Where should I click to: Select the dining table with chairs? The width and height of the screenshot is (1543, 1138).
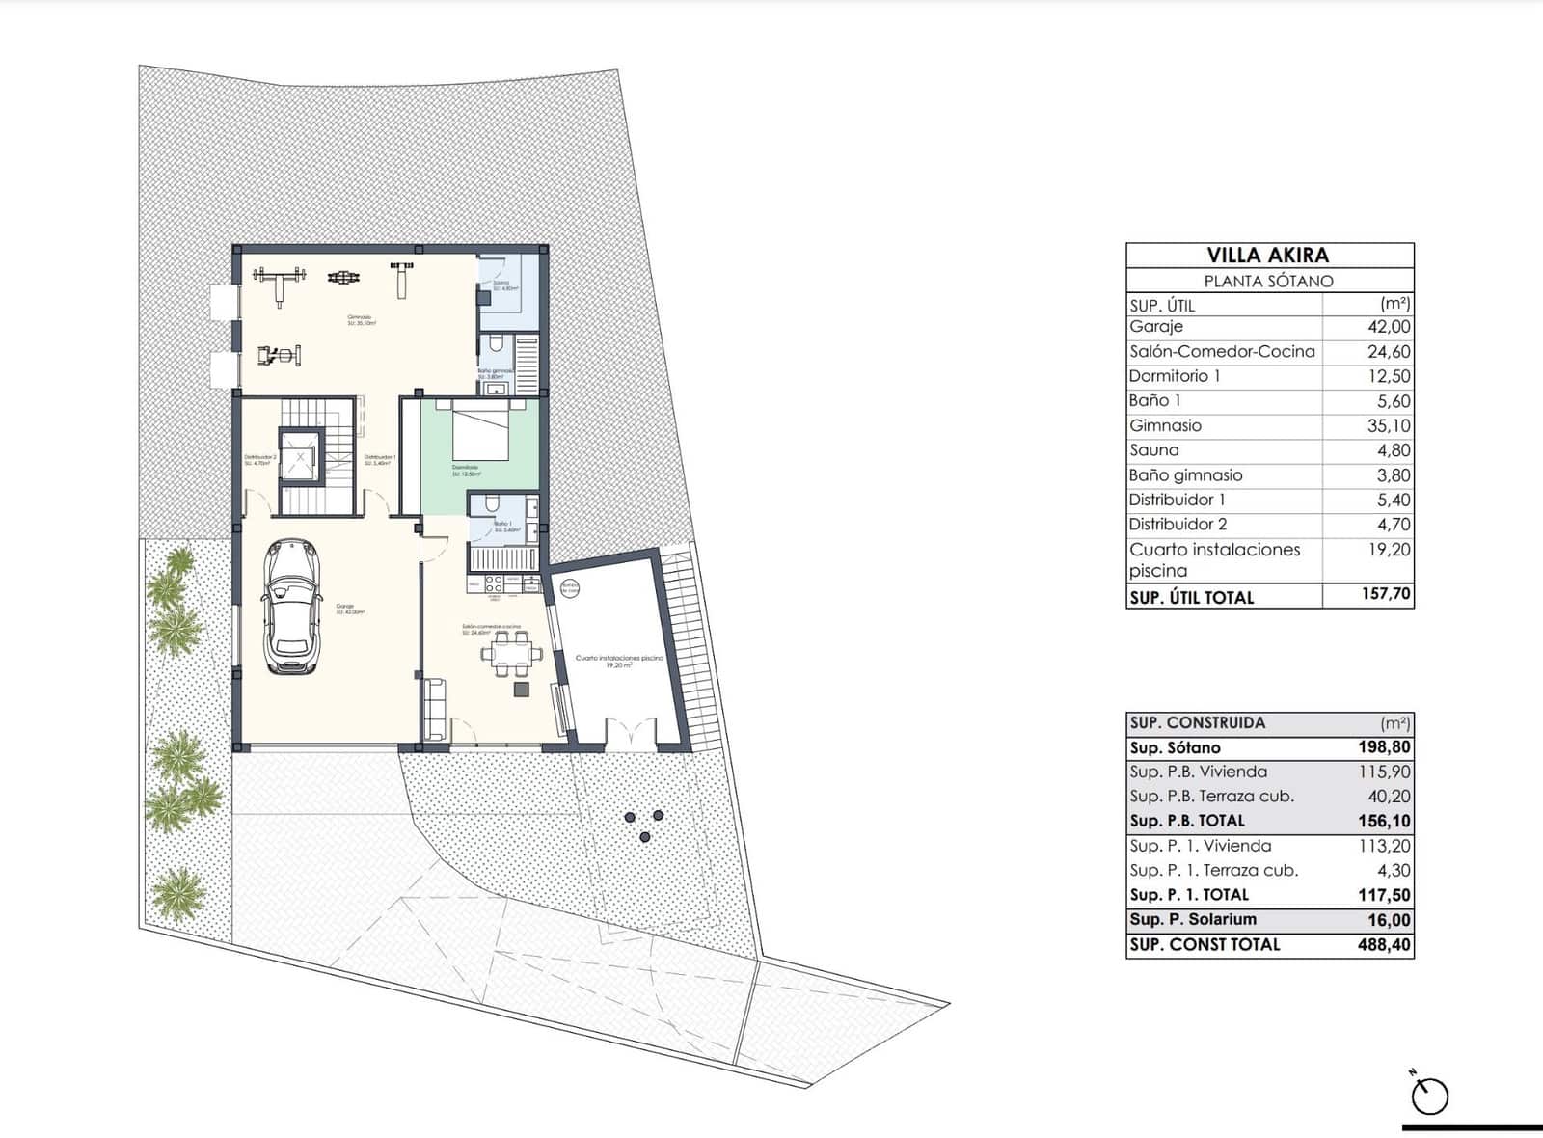coord(512,655)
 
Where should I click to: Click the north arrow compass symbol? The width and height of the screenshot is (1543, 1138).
coord(1429,1096)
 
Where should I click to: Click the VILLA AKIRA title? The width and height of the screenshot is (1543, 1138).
coord(1268,256)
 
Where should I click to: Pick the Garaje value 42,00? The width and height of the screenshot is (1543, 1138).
coord(1389,327)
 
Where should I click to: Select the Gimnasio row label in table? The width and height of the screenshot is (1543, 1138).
coord(1165,425)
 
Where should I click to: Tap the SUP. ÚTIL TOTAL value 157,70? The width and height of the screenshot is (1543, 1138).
coord(1386,595)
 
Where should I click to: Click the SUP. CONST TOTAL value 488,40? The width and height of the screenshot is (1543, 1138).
coord(1384,945)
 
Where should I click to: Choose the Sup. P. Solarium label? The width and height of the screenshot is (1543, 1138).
coord(1193,919)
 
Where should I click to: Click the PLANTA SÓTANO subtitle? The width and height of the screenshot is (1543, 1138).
coord(1268,282)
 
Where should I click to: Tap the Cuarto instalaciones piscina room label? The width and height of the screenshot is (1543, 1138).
coord(619,661)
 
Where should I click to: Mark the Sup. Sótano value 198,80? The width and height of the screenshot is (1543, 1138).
coord(1384,747)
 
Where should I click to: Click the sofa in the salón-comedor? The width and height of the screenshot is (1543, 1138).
coord(435,710)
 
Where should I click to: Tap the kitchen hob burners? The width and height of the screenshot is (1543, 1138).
coord(493,583)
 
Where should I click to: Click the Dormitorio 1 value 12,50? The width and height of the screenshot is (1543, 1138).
coord(1389,376)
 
